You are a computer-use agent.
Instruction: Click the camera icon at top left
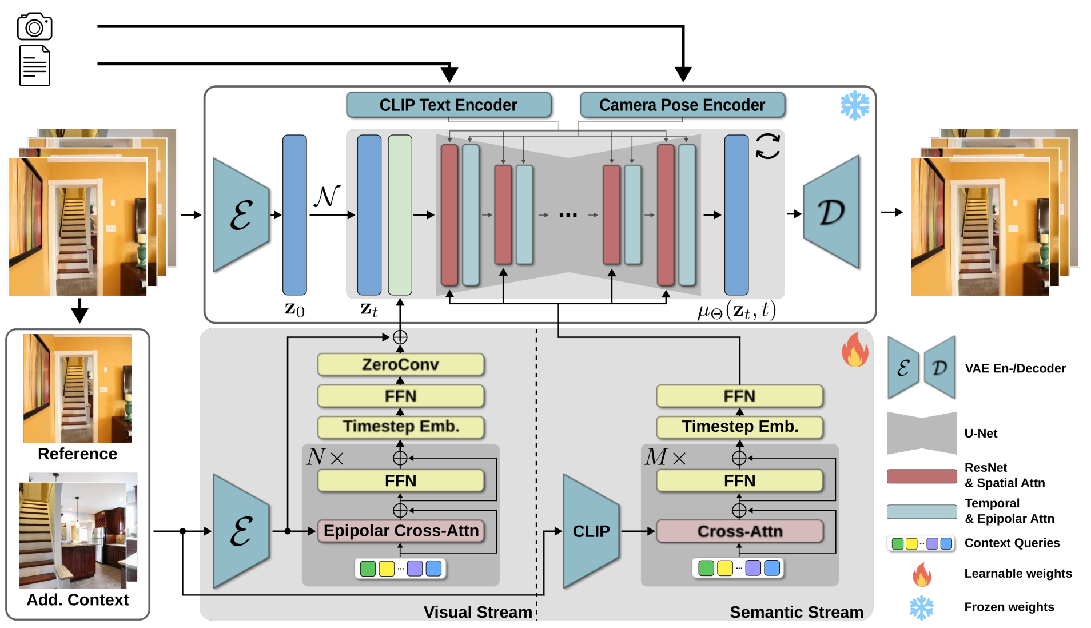pyautogui.click(x=34, y=26)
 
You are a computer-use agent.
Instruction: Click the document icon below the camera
pyautogui.click(x=34, y=66)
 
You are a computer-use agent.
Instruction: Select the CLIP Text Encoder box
pyautogui.click(x=448, y=105)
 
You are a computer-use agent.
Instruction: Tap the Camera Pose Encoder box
pyautogui.click(x=682, y=105)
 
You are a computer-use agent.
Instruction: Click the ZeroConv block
pyautogui.click(x=400, y=365)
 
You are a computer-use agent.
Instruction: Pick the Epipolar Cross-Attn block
pyautogui.click(x=401, y=531)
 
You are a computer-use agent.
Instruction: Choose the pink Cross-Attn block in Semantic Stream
pyautogui.click(x=739, y=531)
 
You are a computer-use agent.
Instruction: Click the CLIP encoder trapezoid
pyautogui.click(x=591, y=531)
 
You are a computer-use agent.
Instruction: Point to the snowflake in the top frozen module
pyautogui.click(x=855, y=105)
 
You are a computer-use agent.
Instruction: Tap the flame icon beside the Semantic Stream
pyautogui.click(x=855, y=350)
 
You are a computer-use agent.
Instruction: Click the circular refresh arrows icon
pyautogui.click(x=767, y=146)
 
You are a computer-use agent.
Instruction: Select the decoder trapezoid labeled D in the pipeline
pyautogui.click(x=832, y=212)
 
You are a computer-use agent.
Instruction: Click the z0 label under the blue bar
pyautogui.click(x=294, y=309)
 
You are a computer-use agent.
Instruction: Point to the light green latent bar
pyautogui.click(x=400, y=214)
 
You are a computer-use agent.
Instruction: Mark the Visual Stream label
pyautogui.click(x=477, y=612)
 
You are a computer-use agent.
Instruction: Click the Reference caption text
pyautogui.click(x=77, y=454)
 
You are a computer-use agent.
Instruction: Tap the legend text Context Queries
pyautogui.click(x=1012, y=543)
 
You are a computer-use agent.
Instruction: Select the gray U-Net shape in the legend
pyautogui.click(x=921, y=433)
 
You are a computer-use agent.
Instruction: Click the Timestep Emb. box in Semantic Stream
pyautogui.click(x=739, y=427)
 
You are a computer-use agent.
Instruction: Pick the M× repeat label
pyautogui.click(x=665, y=457)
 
